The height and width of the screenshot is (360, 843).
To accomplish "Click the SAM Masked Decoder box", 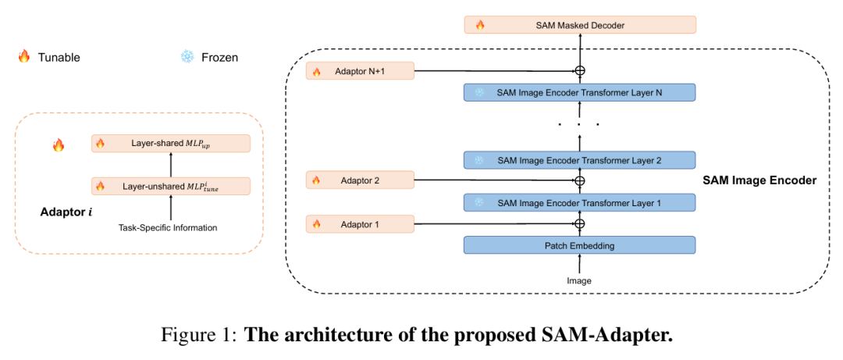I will point(579,25).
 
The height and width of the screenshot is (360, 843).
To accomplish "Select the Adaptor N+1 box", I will point(360,72).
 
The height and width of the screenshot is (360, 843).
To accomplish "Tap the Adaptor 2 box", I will point(360,180).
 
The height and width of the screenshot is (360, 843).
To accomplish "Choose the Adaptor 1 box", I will point(360,224).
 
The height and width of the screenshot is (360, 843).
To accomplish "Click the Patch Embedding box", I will point(579,245).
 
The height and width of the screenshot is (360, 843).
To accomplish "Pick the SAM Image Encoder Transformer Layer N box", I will point(579,92).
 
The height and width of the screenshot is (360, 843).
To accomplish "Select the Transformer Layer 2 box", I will point(579,160).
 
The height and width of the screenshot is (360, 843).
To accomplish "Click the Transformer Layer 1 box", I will point(579,203).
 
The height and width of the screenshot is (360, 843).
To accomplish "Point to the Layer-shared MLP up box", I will point(171,143).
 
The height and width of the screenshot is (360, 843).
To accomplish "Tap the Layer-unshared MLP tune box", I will point(171,186).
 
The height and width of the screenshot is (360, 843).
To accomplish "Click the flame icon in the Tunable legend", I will point(23,57).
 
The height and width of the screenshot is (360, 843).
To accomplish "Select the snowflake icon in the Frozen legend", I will point(187,57).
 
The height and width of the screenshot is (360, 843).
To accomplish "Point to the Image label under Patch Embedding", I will point(579,280).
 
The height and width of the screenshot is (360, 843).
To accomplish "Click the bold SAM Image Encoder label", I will point(759,180).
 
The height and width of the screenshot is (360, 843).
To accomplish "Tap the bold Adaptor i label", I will point(66,212).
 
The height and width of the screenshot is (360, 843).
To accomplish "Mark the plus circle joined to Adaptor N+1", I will point(579,72).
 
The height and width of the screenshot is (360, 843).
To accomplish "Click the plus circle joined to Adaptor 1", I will point(579,224).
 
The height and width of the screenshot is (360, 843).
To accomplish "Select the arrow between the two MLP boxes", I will point(171,165).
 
